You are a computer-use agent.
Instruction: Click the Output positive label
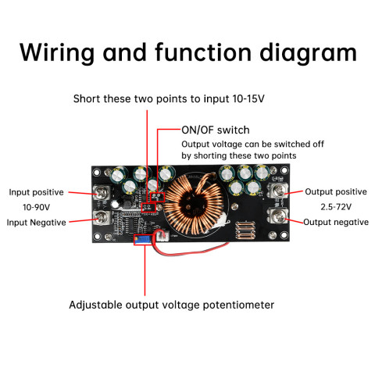pos(335,191)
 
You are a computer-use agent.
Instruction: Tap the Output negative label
pos(336,222)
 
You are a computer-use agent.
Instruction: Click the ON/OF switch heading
pos(216,130)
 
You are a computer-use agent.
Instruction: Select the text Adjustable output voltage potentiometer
pos(172,305)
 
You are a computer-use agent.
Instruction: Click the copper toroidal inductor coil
pos(195,204)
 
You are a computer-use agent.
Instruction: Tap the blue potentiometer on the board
pos(141,240)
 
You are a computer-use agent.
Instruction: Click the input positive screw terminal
pos(100,191)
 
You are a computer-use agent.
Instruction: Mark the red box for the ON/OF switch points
pos(159,196)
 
